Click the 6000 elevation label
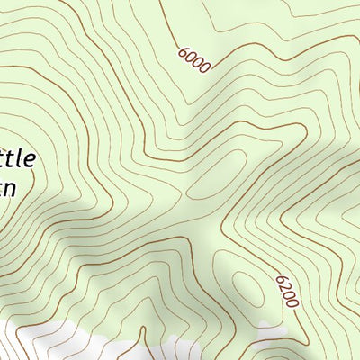click(193, 59)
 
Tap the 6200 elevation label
click(287, 292)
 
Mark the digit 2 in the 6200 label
click(284, 287)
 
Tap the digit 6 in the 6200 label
click(281, 280)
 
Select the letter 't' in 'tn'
click(3, 188)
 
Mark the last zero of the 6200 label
click(293, 302)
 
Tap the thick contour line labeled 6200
click(270, 261)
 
